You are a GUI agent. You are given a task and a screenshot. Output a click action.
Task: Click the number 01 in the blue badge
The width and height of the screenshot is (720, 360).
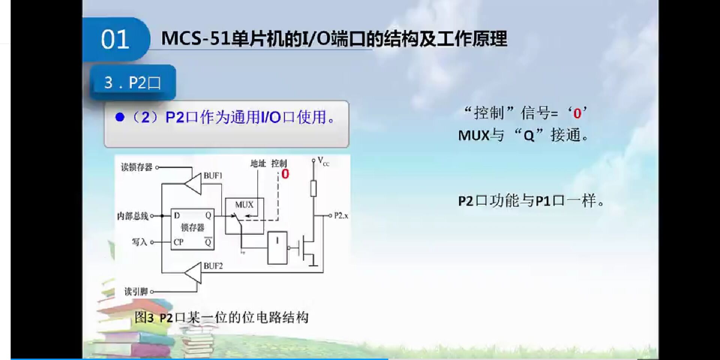[x=115, y=40]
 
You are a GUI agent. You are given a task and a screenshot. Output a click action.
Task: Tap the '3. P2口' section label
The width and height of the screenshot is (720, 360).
[x=132, y=82]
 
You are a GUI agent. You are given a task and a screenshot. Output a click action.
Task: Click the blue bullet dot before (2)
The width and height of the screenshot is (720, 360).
[x=120, y=117]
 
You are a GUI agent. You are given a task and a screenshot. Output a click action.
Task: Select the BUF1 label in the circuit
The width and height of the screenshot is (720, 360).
[x=213, y=175]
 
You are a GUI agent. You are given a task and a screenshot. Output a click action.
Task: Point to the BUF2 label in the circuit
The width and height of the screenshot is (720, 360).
[x=213, y=266]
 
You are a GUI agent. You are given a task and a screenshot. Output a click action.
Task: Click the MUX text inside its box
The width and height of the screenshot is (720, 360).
[x=244, y=205]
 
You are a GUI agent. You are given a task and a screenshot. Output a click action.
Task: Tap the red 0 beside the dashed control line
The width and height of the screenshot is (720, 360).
[x=285, y=174]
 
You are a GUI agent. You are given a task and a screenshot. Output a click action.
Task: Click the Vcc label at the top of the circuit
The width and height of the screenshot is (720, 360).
[x=323, y=161]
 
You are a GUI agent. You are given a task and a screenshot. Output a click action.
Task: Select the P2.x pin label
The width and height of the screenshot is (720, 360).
[x=341, y=216]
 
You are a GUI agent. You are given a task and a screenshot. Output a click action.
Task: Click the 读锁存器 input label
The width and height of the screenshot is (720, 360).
[x=136, y=167]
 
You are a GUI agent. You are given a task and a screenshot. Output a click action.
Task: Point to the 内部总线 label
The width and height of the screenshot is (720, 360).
[x=133, y=216]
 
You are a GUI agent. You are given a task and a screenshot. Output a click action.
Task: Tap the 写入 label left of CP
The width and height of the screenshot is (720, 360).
[x=139, y=242]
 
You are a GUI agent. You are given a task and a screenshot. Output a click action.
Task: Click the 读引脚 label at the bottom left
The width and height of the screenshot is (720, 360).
[x=136, y=291]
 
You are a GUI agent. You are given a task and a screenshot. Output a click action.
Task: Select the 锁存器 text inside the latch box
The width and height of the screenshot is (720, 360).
[x=192, y=228]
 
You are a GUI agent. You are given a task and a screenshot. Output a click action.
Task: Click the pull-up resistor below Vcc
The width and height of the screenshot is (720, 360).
[x=313, y=188]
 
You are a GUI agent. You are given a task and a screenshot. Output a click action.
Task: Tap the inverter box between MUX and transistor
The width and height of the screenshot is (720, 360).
[x=277, y=247]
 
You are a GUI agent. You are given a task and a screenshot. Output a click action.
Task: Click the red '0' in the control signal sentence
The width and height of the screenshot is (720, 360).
[x=577, y=113]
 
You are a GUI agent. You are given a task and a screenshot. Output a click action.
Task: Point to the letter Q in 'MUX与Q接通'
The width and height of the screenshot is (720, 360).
[x=529, y=135]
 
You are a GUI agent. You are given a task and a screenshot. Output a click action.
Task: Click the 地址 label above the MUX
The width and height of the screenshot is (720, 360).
[x=258, y=163]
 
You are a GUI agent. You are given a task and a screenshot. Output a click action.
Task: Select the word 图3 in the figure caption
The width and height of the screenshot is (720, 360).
[x=144, y=318]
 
